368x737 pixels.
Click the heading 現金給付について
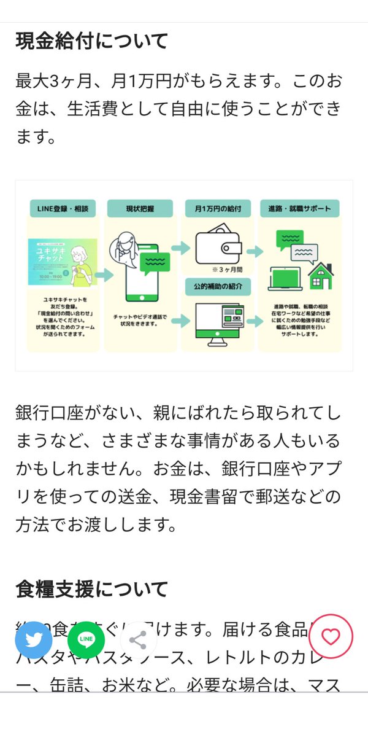(x=91, y=42)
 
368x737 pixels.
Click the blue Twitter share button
(x=33, y=639)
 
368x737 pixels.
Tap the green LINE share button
(x=86, y=639)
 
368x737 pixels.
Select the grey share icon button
(x=138, y=639)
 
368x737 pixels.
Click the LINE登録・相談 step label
(x=64, y=209)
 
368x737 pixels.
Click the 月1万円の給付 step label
(x=218, y=209)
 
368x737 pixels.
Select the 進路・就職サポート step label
(x=299, y=209)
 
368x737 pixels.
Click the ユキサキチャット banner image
(x=64, y=261)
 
